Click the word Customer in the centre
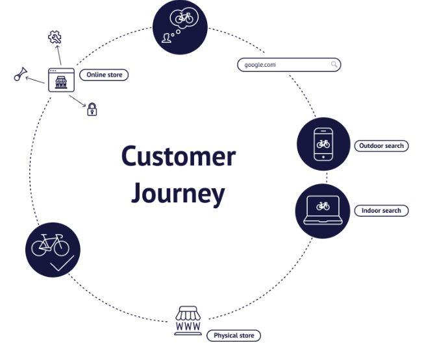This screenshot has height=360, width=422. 179,156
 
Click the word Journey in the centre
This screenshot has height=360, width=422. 178,193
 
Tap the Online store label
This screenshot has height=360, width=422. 104,75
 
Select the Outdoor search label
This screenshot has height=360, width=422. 381,146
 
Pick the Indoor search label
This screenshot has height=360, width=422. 381,211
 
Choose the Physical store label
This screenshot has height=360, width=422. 234,335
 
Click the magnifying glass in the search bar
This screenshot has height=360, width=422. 334,64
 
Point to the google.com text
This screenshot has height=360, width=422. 260,65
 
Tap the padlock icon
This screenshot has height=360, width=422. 92,109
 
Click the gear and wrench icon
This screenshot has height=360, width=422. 55,37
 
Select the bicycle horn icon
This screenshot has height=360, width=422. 20,74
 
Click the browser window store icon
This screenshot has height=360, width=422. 62,80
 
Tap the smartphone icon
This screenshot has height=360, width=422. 323,145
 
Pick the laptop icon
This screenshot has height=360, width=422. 323,210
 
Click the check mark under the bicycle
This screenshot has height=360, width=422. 62,263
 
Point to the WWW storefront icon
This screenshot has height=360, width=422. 188,320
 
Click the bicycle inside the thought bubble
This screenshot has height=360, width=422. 184,18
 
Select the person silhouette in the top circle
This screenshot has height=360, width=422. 166,38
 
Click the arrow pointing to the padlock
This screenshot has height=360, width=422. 77,101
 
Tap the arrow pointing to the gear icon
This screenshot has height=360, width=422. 58,55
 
